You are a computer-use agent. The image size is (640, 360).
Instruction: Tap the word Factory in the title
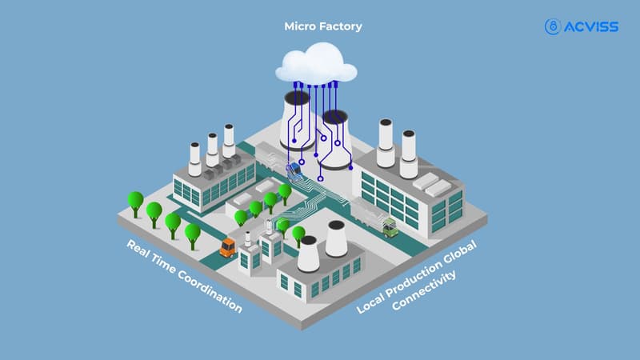[342, 26]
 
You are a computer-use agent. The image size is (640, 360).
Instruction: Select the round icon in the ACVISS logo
[552, 27]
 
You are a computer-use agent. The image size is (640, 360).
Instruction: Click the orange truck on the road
[228, 247]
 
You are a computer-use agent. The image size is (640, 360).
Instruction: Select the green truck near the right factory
[390, 228]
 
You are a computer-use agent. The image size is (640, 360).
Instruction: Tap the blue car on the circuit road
[295, 170]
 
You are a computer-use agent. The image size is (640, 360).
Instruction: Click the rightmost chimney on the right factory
[409, 153]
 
